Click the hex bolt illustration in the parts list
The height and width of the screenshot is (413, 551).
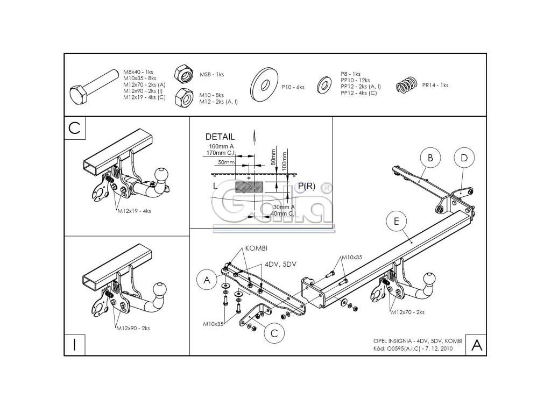tap(95, 88)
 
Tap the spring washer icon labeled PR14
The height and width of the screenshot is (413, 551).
tap(407, 85)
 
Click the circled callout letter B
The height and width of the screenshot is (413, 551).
tap(430, 158)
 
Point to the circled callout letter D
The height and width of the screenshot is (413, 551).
tap(464, 158)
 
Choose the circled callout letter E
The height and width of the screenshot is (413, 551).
tap(396, 221)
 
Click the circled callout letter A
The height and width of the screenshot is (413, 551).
tap(206, 279)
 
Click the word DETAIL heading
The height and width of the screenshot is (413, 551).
tap(220, 137)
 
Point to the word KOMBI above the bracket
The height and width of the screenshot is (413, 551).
tap(256, 248)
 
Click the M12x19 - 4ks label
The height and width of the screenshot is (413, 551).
tap(135, 211)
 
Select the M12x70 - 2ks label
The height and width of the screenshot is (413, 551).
tap(407, 312)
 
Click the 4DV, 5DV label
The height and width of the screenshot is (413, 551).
tap(280, 264)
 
